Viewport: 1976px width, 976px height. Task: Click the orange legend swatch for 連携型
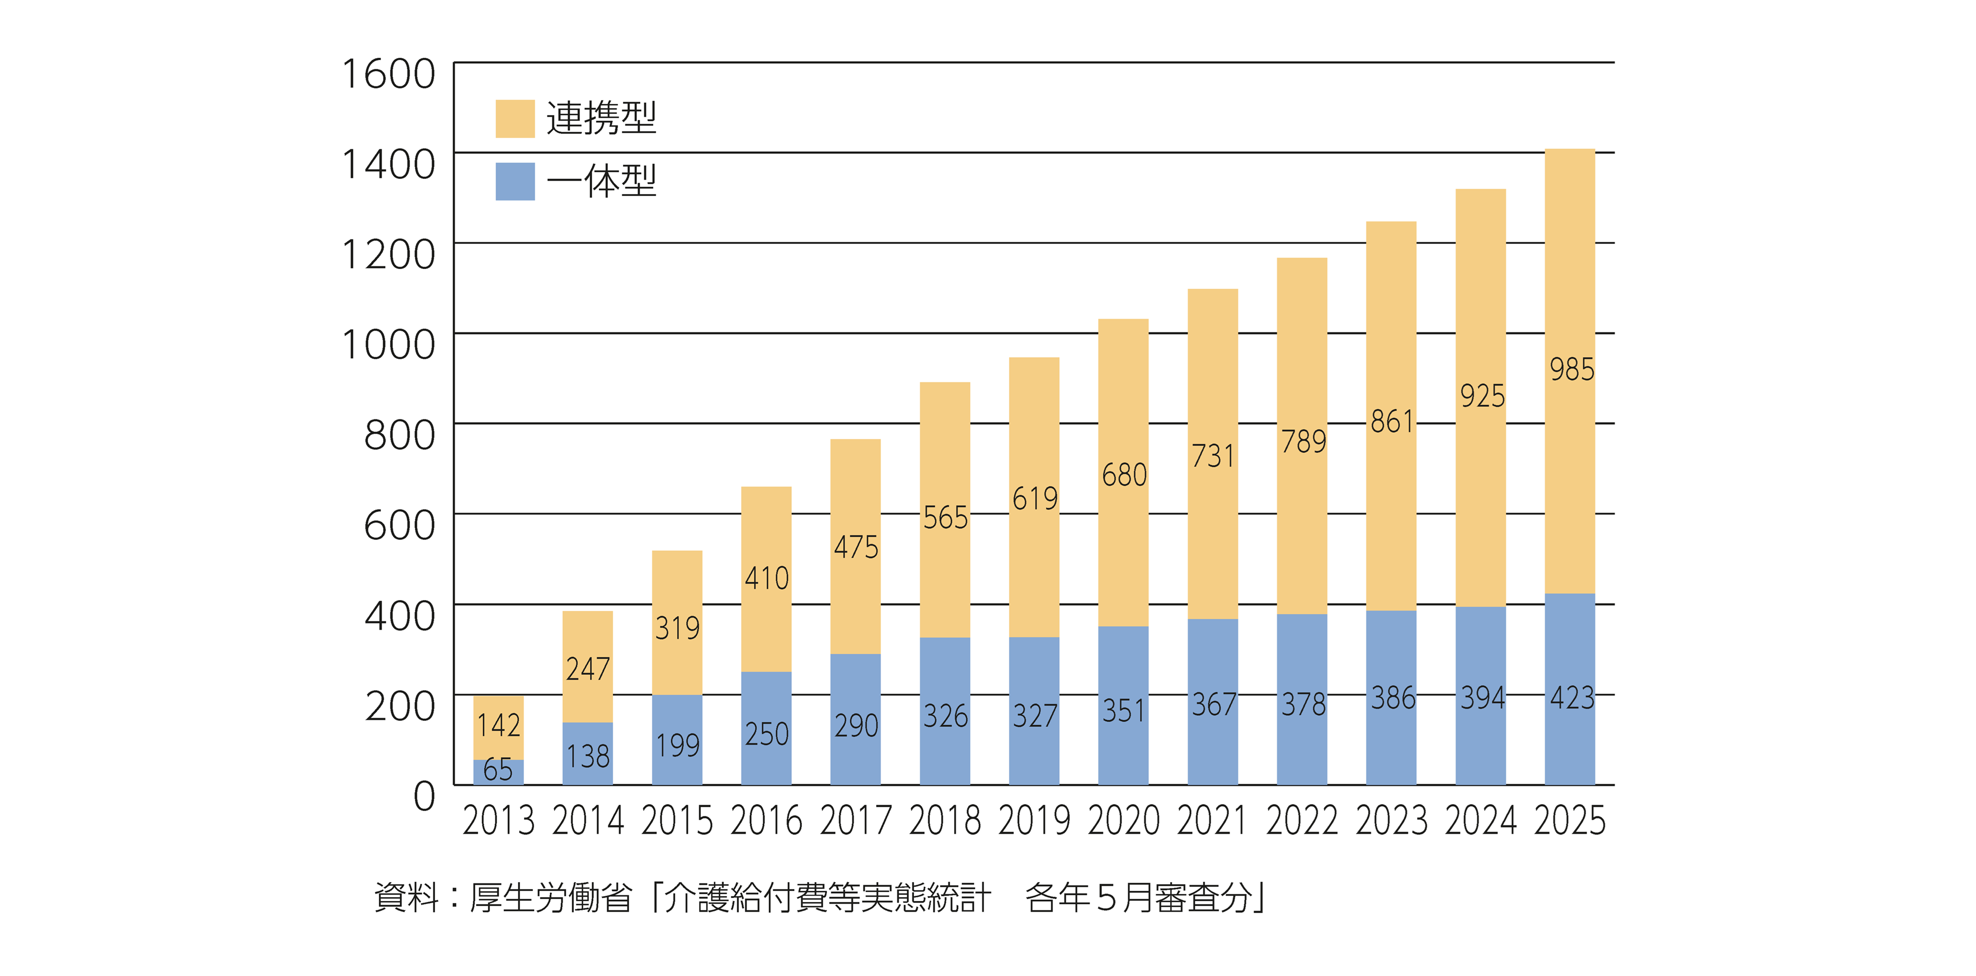point(515,119)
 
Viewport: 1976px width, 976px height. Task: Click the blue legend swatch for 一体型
point(515,182)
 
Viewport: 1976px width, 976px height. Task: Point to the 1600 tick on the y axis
point(388,75)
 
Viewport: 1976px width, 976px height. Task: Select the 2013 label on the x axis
point(499,821)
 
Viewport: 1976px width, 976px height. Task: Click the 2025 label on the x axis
point(1569,821)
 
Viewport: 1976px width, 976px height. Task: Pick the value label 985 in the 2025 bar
point(1572,370)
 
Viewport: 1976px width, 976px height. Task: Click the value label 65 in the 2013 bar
point(498,770)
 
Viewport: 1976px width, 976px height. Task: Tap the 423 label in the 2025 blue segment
point(1572,698)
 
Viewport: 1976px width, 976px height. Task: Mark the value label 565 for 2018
point(945,517)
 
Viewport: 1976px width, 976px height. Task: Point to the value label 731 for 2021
point(1213,456)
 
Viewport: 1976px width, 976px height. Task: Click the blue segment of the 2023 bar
point(1391,736)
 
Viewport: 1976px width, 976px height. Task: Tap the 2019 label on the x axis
point(1034,821)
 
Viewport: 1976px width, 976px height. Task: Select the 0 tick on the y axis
point(424,796)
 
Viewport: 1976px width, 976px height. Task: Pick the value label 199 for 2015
point(677,745)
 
